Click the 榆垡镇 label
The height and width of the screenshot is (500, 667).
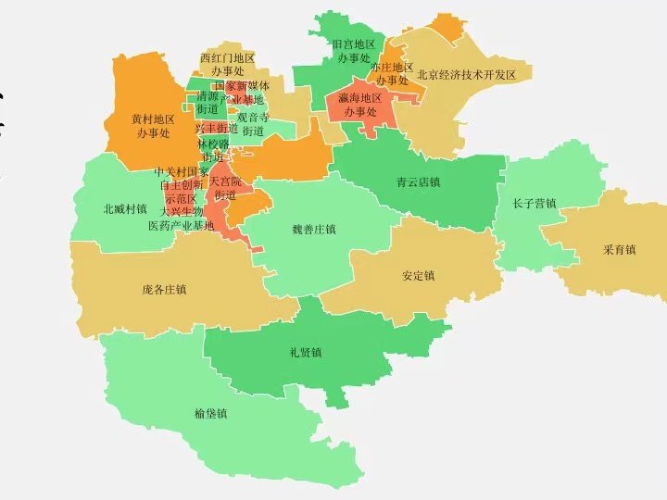(x=211, y=414)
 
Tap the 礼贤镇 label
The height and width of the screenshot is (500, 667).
(x=305, y=353)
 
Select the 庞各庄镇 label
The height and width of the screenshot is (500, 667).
(x=164, y=290)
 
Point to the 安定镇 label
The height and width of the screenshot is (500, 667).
(x=419, y=276)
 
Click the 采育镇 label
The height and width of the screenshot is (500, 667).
(x=619, y=250)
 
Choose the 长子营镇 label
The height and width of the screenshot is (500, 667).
(x=535, y=204)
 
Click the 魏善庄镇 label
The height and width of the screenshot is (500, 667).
(x=313, y=230)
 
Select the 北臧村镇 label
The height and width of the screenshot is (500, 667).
(x=125, y=209)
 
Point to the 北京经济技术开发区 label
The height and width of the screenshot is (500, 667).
(x=466, y=75)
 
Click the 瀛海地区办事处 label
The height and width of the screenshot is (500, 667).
(x=360, y=105)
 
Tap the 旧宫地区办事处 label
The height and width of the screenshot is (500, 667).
(x=353, y=51)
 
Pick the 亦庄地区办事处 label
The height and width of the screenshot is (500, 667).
(x=392, y=74)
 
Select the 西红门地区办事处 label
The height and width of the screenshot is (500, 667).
(x=227, y=64)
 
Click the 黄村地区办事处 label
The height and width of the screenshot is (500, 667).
(x=153, y=126)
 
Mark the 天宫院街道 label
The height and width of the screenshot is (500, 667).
(x=225, y=188)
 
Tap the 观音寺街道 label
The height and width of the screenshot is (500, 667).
(x=253, y=124)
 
